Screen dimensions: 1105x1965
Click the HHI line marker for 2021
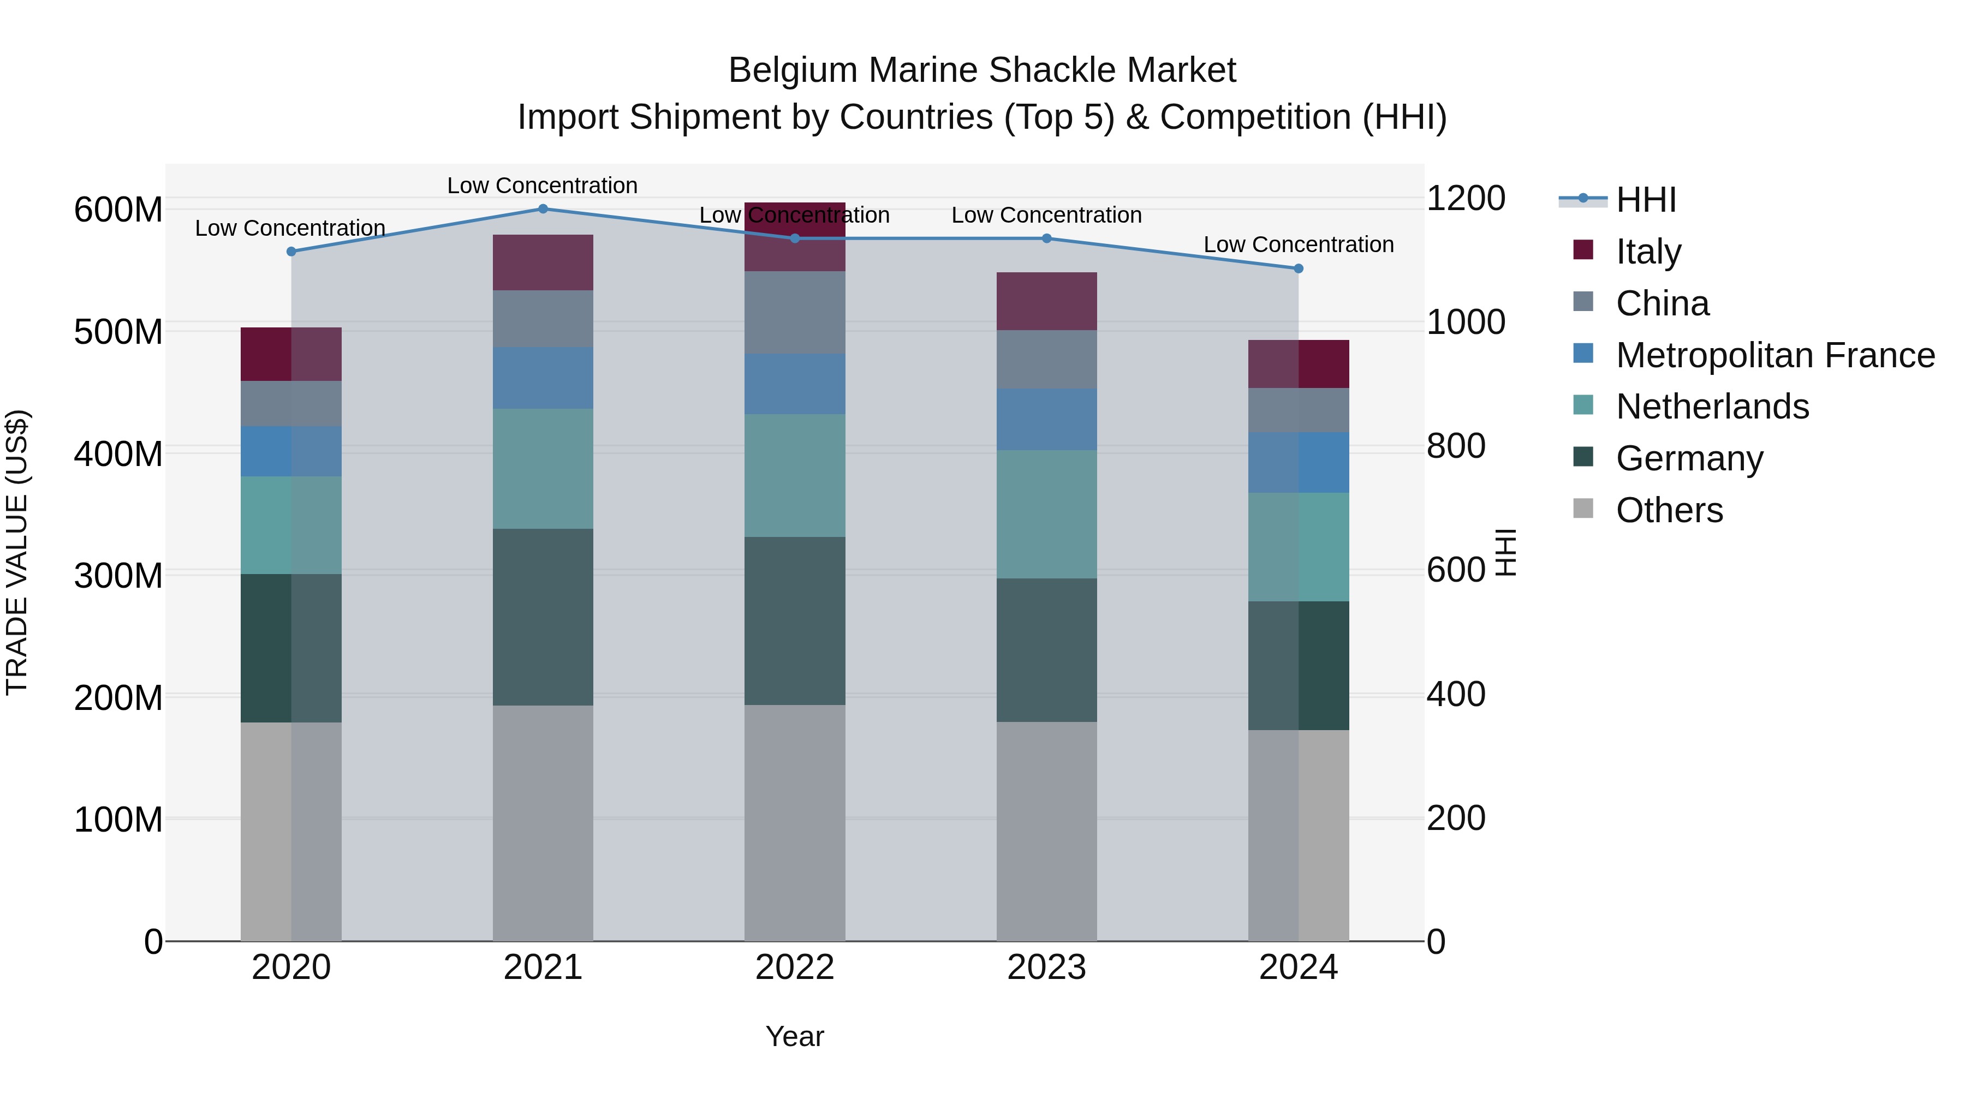[543, 209]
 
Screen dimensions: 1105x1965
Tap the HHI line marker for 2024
[1299, 268]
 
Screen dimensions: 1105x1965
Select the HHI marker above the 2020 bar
[291, 252]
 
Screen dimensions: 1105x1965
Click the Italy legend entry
[1648, 252]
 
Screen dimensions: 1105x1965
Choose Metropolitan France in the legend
[1775, 355]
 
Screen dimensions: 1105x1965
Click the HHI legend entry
[1645, 200]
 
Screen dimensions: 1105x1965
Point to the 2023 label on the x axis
[1046, 967]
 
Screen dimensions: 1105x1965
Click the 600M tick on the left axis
[118, 210]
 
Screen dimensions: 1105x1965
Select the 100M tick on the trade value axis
[118, 820]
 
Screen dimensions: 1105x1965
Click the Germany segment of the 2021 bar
[543, 617]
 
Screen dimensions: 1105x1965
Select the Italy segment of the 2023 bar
[1046, 301]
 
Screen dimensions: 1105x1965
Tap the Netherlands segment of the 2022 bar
[795, 475]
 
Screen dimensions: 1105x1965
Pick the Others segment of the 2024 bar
[1299, 835]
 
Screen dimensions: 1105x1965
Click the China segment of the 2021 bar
[543, 319]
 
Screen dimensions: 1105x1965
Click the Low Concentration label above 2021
[543, 186]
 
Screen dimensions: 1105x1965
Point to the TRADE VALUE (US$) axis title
[17, 552]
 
